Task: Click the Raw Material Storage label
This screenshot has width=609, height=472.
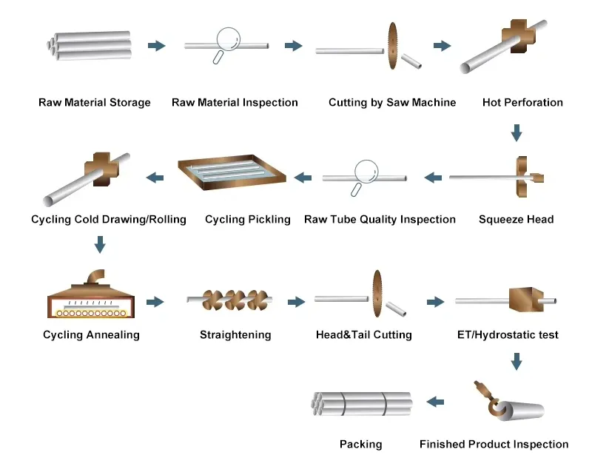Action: tap(94, 102)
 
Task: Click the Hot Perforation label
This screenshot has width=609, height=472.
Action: tap(522, 102)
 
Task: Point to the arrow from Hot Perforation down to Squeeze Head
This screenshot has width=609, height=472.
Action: tap(517, 133)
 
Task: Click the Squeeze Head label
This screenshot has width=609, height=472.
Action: tap(516, 219)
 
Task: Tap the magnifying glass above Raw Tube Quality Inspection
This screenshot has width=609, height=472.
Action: tap(365, 171)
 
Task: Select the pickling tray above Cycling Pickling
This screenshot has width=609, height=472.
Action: tap(232, 172)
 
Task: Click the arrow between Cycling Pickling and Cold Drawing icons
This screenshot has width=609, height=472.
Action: tap(155, 178)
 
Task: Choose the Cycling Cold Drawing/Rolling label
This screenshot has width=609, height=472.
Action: tap(109, 219)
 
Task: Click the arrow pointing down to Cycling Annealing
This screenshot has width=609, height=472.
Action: tap(100, 244)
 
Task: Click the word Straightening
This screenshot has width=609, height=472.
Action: tap(235, 334)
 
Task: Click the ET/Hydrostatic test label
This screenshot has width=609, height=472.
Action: tap(508, 334)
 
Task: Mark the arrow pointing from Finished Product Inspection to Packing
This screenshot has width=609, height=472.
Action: tap(435, 402)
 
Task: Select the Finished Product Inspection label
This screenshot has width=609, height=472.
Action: tap(494, 444)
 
